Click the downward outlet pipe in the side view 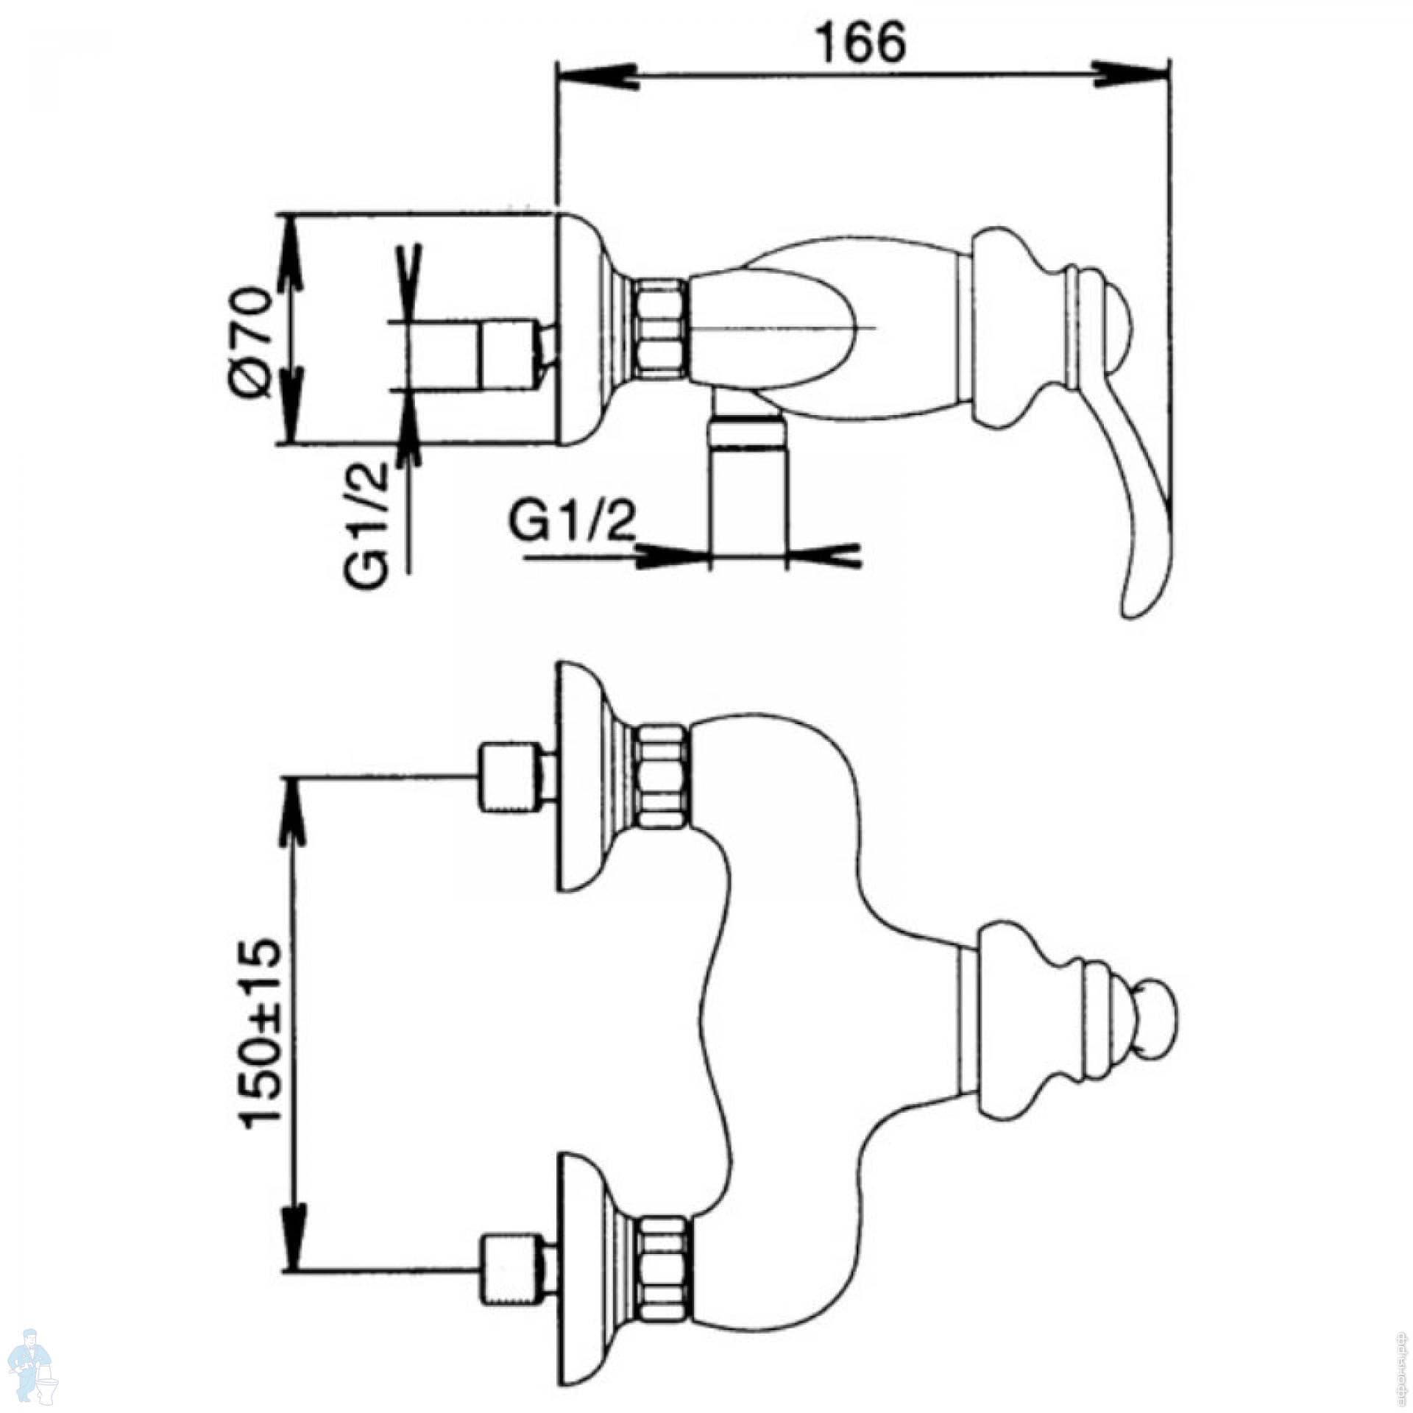coord(746,486)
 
